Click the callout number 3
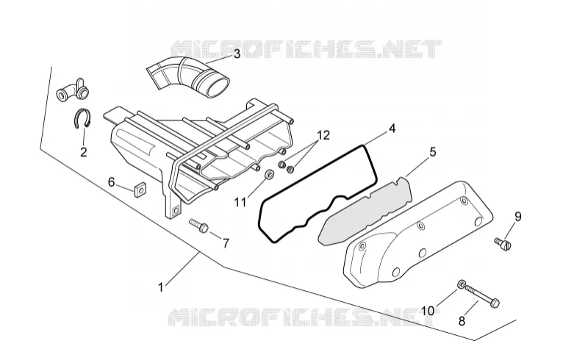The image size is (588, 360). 237,54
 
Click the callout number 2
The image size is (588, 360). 83,152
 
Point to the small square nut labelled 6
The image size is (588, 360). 140,190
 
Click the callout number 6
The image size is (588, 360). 112,182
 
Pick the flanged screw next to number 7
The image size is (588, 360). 199,226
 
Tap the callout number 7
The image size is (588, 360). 226,243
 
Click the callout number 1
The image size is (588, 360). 161,287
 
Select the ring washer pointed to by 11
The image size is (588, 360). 269,174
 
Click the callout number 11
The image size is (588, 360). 240,202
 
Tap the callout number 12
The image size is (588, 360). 323,135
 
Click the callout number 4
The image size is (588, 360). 392,129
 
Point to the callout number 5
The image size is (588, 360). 433,152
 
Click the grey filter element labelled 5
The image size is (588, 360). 365,212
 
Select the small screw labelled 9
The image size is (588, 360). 503,243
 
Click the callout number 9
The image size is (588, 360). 517,217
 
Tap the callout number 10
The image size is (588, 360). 428,311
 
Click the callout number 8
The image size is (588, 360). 462,321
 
